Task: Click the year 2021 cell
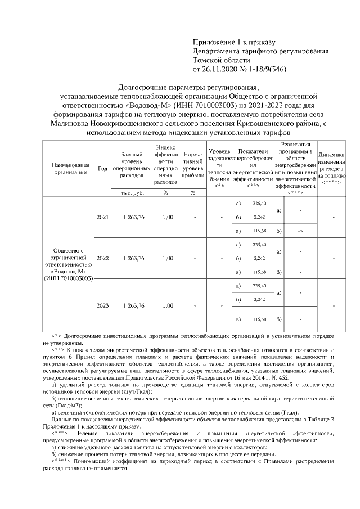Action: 103,217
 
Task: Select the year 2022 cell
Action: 103,258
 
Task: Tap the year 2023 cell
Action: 103,305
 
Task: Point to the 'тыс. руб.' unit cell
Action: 133,192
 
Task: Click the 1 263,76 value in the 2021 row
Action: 133,217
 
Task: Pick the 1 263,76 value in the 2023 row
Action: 133,305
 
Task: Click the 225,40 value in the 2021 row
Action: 259,203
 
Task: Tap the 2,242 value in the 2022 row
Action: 259,258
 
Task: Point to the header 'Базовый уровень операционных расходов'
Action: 133,165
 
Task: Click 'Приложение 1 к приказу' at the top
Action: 233,42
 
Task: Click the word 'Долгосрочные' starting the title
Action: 145,87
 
